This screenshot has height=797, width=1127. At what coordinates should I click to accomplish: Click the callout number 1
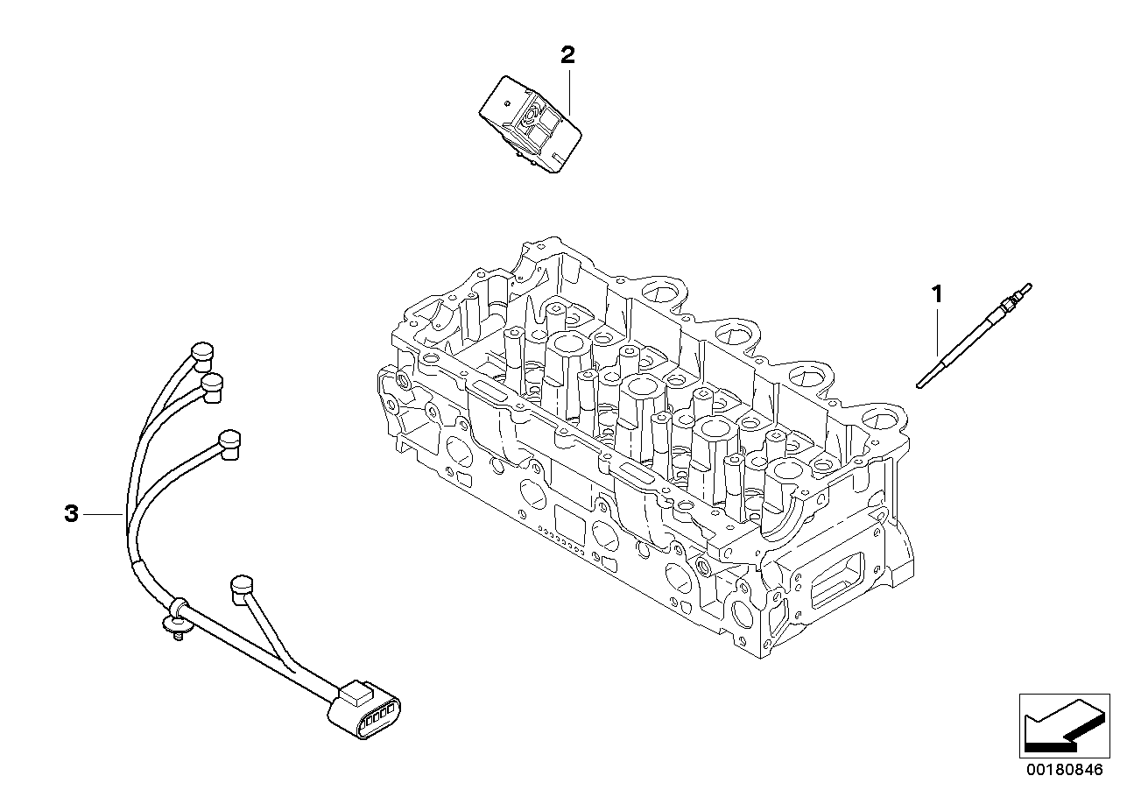(937, 294)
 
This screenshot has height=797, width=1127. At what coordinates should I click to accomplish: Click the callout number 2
(567, 55)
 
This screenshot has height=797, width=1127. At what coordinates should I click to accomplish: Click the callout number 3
(72, 514)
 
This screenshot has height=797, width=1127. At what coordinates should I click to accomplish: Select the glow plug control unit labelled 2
(530, 124)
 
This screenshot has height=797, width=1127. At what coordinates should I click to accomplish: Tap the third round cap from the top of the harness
(229, 444)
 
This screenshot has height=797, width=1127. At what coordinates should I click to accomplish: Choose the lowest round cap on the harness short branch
(242, 589)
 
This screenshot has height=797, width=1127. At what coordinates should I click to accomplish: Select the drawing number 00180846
(1065, 770)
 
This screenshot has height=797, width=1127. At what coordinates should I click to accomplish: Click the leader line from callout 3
(102, 514)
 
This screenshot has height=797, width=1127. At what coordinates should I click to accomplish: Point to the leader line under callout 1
(937, 333)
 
